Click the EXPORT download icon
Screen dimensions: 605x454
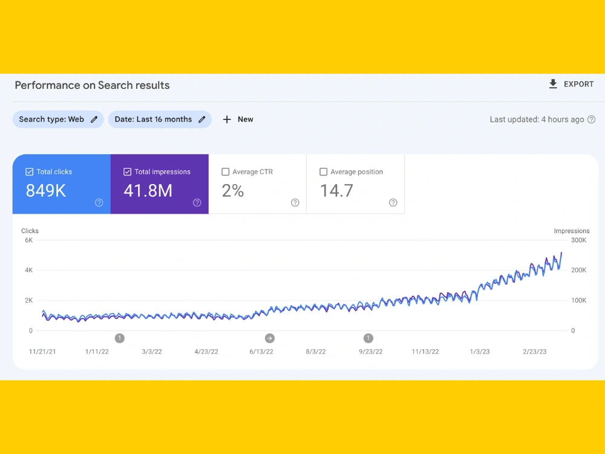point(553,84)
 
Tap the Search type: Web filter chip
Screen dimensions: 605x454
point(58,119)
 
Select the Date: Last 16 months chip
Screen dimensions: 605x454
point(160,119)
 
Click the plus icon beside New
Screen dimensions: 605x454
point(227,120)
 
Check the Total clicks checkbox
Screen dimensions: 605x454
point(29,172)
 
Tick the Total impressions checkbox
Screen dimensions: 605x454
point(127,172)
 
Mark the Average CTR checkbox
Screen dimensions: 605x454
point(225,172)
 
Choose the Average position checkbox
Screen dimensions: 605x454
point(323,172)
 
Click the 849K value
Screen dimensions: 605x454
point(46,191)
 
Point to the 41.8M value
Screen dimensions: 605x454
point(148,191)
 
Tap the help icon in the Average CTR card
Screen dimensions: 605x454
point(295,203)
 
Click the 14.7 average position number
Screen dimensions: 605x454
point(336,191)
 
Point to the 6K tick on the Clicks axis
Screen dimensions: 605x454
point(29,240)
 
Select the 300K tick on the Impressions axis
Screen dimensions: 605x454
point(579,240)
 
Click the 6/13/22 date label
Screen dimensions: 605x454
point(261,352)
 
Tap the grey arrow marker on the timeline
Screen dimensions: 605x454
point(270,338)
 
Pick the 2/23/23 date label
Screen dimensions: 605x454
point(535,352)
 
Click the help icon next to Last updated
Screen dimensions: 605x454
point(592,120)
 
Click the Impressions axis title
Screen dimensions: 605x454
point(572,231)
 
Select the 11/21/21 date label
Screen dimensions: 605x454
point(42,352)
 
